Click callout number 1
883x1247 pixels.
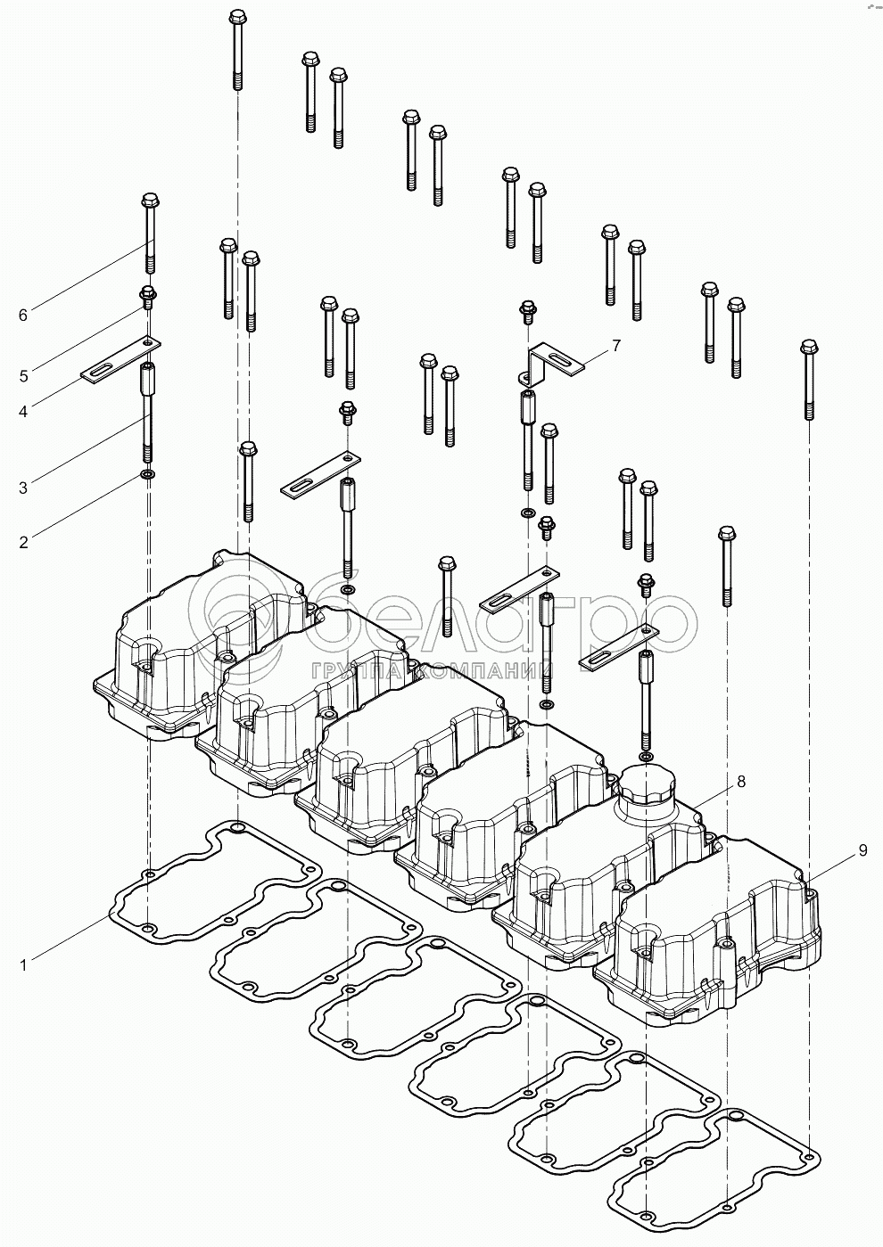pos(23,964)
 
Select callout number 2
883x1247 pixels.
pos(23,540)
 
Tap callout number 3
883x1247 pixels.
pos(23,487)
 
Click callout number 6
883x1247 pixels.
pos(23,314)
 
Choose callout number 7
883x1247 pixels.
pos(615,344)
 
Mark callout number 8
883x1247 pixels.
pos(740,782)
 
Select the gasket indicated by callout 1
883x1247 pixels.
pos(214,882)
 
